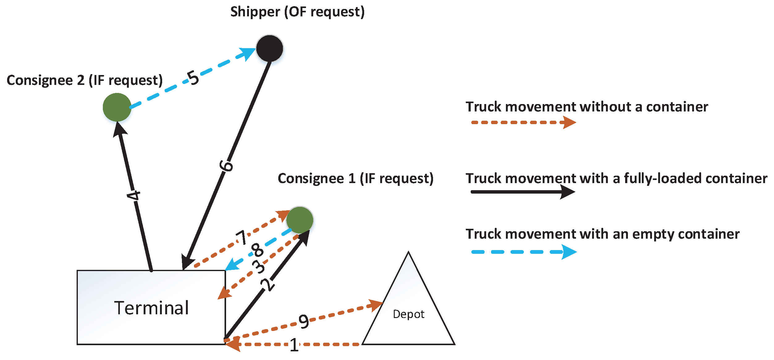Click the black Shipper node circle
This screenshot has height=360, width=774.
pos(270,48)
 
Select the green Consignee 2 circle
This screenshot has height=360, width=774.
pos(117,107)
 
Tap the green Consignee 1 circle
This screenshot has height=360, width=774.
pos(300,220)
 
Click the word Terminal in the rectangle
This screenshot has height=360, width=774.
pos(151,308)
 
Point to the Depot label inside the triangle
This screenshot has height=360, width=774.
pos(408,314)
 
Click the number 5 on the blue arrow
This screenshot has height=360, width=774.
pos(193,78)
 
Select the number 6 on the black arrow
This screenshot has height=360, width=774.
pos(226,166)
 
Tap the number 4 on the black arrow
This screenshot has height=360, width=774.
pos(134,195)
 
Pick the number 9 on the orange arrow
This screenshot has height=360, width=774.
pos(304,321)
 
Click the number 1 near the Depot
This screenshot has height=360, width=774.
pos(294,345)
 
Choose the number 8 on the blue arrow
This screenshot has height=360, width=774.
pos(257,250)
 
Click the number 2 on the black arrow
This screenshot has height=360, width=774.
pos(267,284)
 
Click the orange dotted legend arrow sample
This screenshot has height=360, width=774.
pos(523,123)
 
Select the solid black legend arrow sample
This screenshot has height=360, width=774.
pos(523,192)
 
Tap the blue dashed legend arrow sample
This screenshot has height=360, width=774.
pos(524,252)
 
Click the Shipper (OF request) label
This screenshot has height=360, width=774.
pos(297,12)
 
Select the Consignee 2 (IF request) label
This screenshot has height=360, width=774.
pos(85,80)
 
